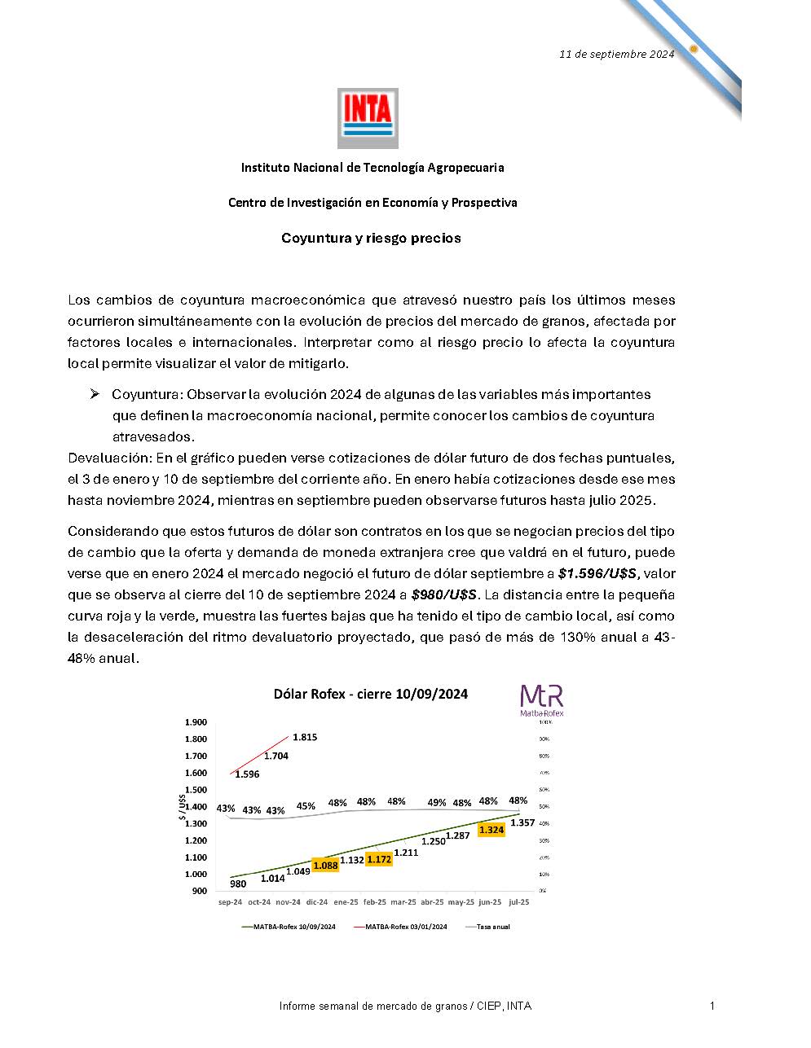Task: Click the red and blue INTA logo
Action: click(368, 118)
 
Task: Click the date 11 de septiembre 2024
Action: click(616, 55)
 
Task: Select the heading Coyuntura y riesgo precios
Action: click(371, 238)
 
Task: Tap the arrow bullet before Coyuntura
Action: click(95, 394)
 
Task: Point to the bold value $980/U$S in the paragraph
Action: click(444, 594)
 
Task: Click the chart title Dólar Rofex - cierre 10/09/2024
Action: click(370, 694)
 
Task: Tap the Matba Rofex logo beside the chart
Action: click(542, 700)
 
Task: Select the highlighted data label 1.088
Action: click(325, 865)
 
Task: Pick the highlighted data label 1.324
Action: click(491, 830)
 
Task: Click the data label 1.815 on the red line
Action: click(305, 737)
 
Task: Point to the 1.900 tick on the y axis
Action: click(196, 722)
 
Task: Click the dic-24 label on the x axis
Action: click(317, 902)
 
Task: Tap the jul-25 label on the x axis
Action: click(518, 902)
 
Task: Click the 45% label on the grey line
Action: click(306, 806)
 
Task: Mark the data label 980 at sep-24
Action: click(238, 884)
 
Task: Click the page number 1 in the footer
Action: click(712, 1006)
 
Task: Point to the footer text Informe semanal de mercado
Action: click(405, 1006)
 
